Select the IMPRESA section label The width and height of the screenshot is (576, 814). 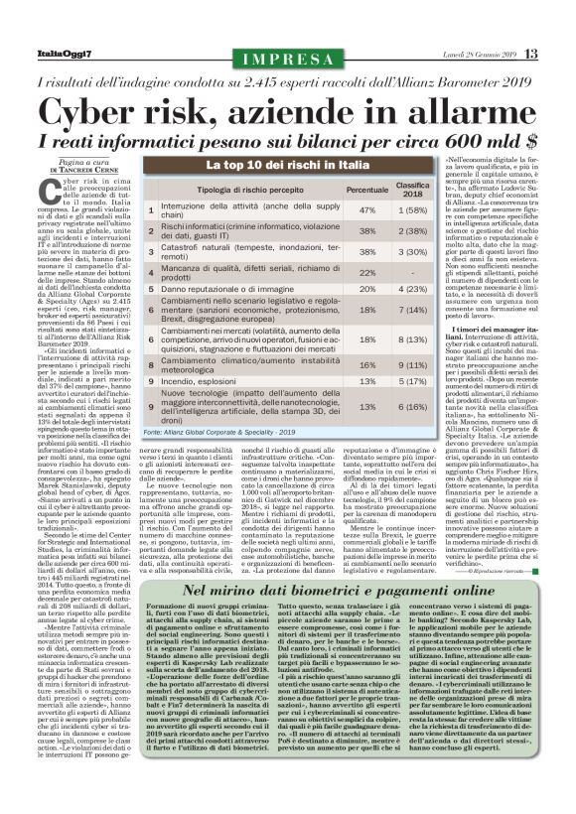pos(287,60)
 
